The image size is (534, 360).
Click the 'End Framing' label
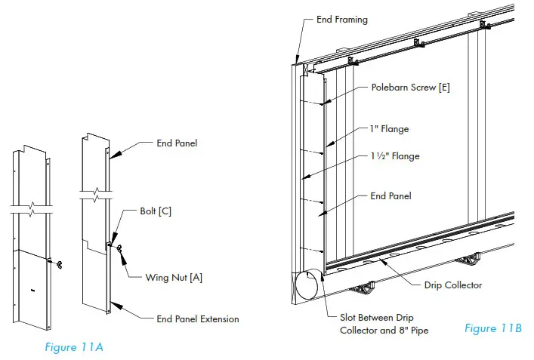point(341,20)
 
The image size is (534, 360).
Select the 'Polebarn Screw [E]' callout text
point(411,88)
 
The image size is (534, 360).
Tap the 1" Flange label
point(390,129)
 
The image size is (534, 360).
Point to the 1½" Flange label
point(395,156)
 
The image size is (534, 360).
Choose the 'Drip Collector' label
point(452,285)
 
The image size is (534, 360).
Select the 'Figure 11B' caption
point(492,328)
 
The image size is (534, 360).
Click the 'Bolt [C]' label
point(155,211)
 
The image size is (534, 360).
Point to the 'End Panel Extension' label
point(198,319)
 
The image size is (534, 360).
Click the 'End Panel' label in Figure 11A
point(177,143)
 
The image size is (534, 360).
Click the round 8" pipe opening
point(307,288)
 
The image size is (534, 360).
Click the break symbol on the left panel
point(32,209)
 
